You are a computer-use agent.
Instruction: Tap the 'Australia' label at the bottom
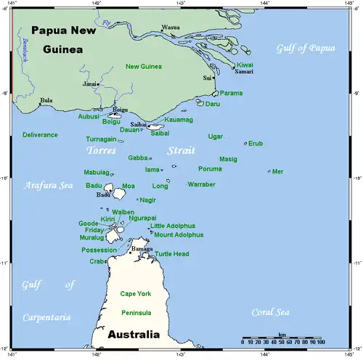[x=133, y=336]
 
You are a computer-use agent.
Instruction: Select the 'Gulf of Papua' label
[x=306, y=48]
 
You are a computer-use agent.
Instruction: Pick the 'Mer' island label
[x=278, y=172]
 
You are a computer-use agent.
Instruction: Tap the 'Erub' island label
[x=256, y=143]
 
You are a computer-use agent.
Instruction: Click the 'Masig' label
[x=228, y=158]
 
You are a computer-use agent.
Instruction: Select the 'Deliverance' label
[x=40, y=135]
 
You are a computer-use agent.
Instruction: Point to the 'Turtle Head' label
[x=171, y=254]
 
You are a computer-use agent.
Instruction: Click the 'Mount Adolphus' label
[x=179, y=235]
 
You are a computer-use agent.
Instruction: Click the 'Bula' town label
[x=46, y=100]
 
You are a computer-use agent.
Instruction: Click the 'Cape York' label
[x=135, y=293]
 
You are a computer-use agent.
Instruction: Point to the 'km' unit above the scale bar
[x=282, y=334]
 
